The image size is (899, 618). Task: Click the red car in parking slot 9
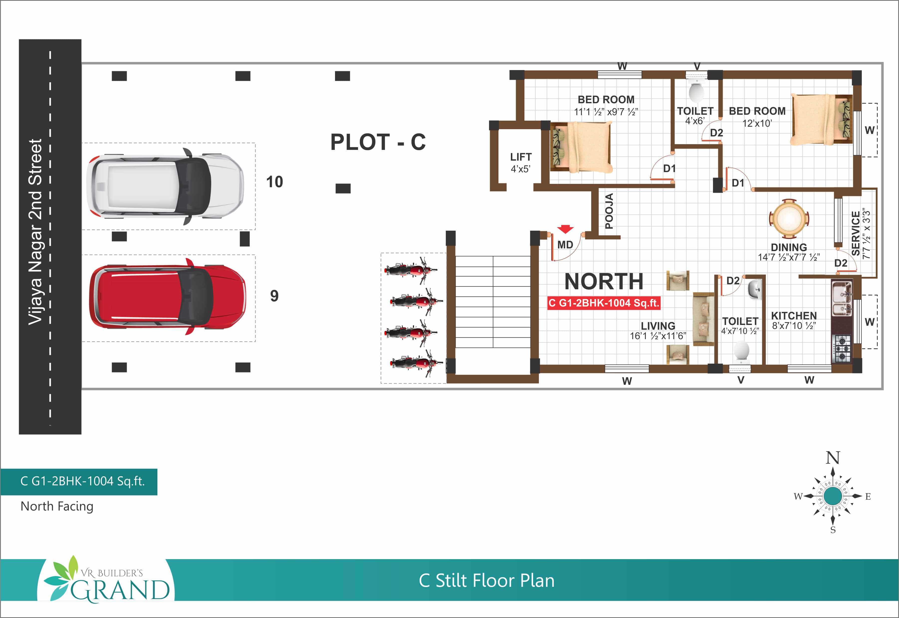(168, 297)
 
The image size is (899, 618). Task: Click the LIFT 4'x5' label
(521, 163)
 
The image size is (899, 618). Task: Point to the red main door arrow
(565, 229)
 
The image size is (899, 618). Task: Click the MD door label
(565, 245)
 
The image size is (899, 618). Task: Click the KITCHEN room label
(794, 315)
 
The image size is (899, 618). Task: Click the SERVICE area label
(856, 233)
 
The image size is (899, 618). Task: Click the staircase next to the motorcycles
(493, 302)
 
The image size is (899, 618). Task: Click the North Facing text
(57, 506)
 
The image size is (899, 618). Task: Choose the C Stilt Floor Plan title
(486, 580)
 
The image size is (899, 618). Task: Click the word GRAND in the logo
(120, 590)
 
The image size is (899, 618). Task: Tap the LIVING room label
(658, 326)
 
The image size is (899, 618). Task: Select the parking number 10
(275, 182)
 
